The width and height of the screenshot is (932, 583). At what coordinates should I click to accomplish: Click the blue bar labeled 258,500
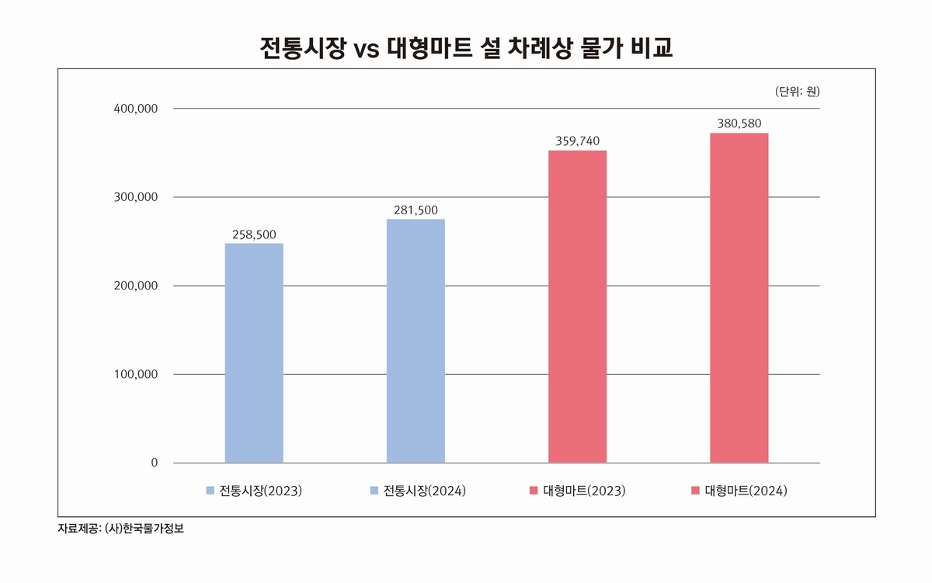click(x=254, y=353)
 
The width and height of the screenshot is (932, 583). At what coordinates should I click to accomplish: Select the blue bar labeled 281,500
click(x=416, y=341)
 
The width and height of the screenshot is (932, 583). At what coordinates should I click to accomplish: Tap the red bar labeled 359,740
click(x=577, y=307)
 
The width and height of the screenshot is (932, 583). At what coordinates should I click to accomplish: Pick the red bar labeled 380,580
click(x=739, y=298)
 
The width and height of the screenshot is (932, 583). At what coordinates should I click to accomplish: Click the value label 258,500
click(x=254, y=234)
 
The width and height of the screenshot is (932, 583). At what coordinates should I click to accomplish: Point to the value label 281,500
click(x=416, y=210)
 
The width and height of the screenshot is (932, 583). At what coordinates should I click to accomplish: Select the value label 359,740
click(x=577, y=141)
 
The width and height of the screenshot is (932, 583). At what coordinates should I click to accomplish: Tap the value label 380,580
click(x=739, y=123)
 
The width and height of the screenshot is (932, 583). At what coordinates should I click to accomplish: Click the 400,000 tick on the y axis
click(x=137, y=109)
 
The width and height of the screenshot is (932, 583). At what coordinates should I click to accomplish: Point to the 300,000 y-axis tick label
click(x=137, y=197)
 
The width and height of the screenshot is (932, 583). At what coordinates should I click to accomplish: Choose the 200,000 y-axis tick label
click(x=137, y=286)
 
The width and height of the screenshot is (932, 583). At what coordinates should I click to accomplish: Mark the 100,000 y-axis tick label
click(x=137, y=374)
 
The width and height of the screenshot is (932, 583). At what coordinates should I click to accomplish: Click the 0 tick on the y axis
click(x=154, y=463)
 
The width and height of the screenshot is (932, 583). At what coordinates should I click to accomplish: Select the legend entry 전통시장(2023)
click(x=254, y=491)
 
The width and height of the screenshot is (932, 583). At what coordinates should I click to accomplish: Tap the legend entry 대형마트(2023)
click(x=577, y=491)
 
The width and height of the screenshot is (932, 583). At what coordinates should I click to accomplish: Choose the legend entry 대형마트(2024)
click(x=739, y=491)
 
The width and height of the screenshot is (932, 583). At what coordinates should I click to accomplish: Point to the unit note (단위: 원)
click(x=797, y=91)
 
